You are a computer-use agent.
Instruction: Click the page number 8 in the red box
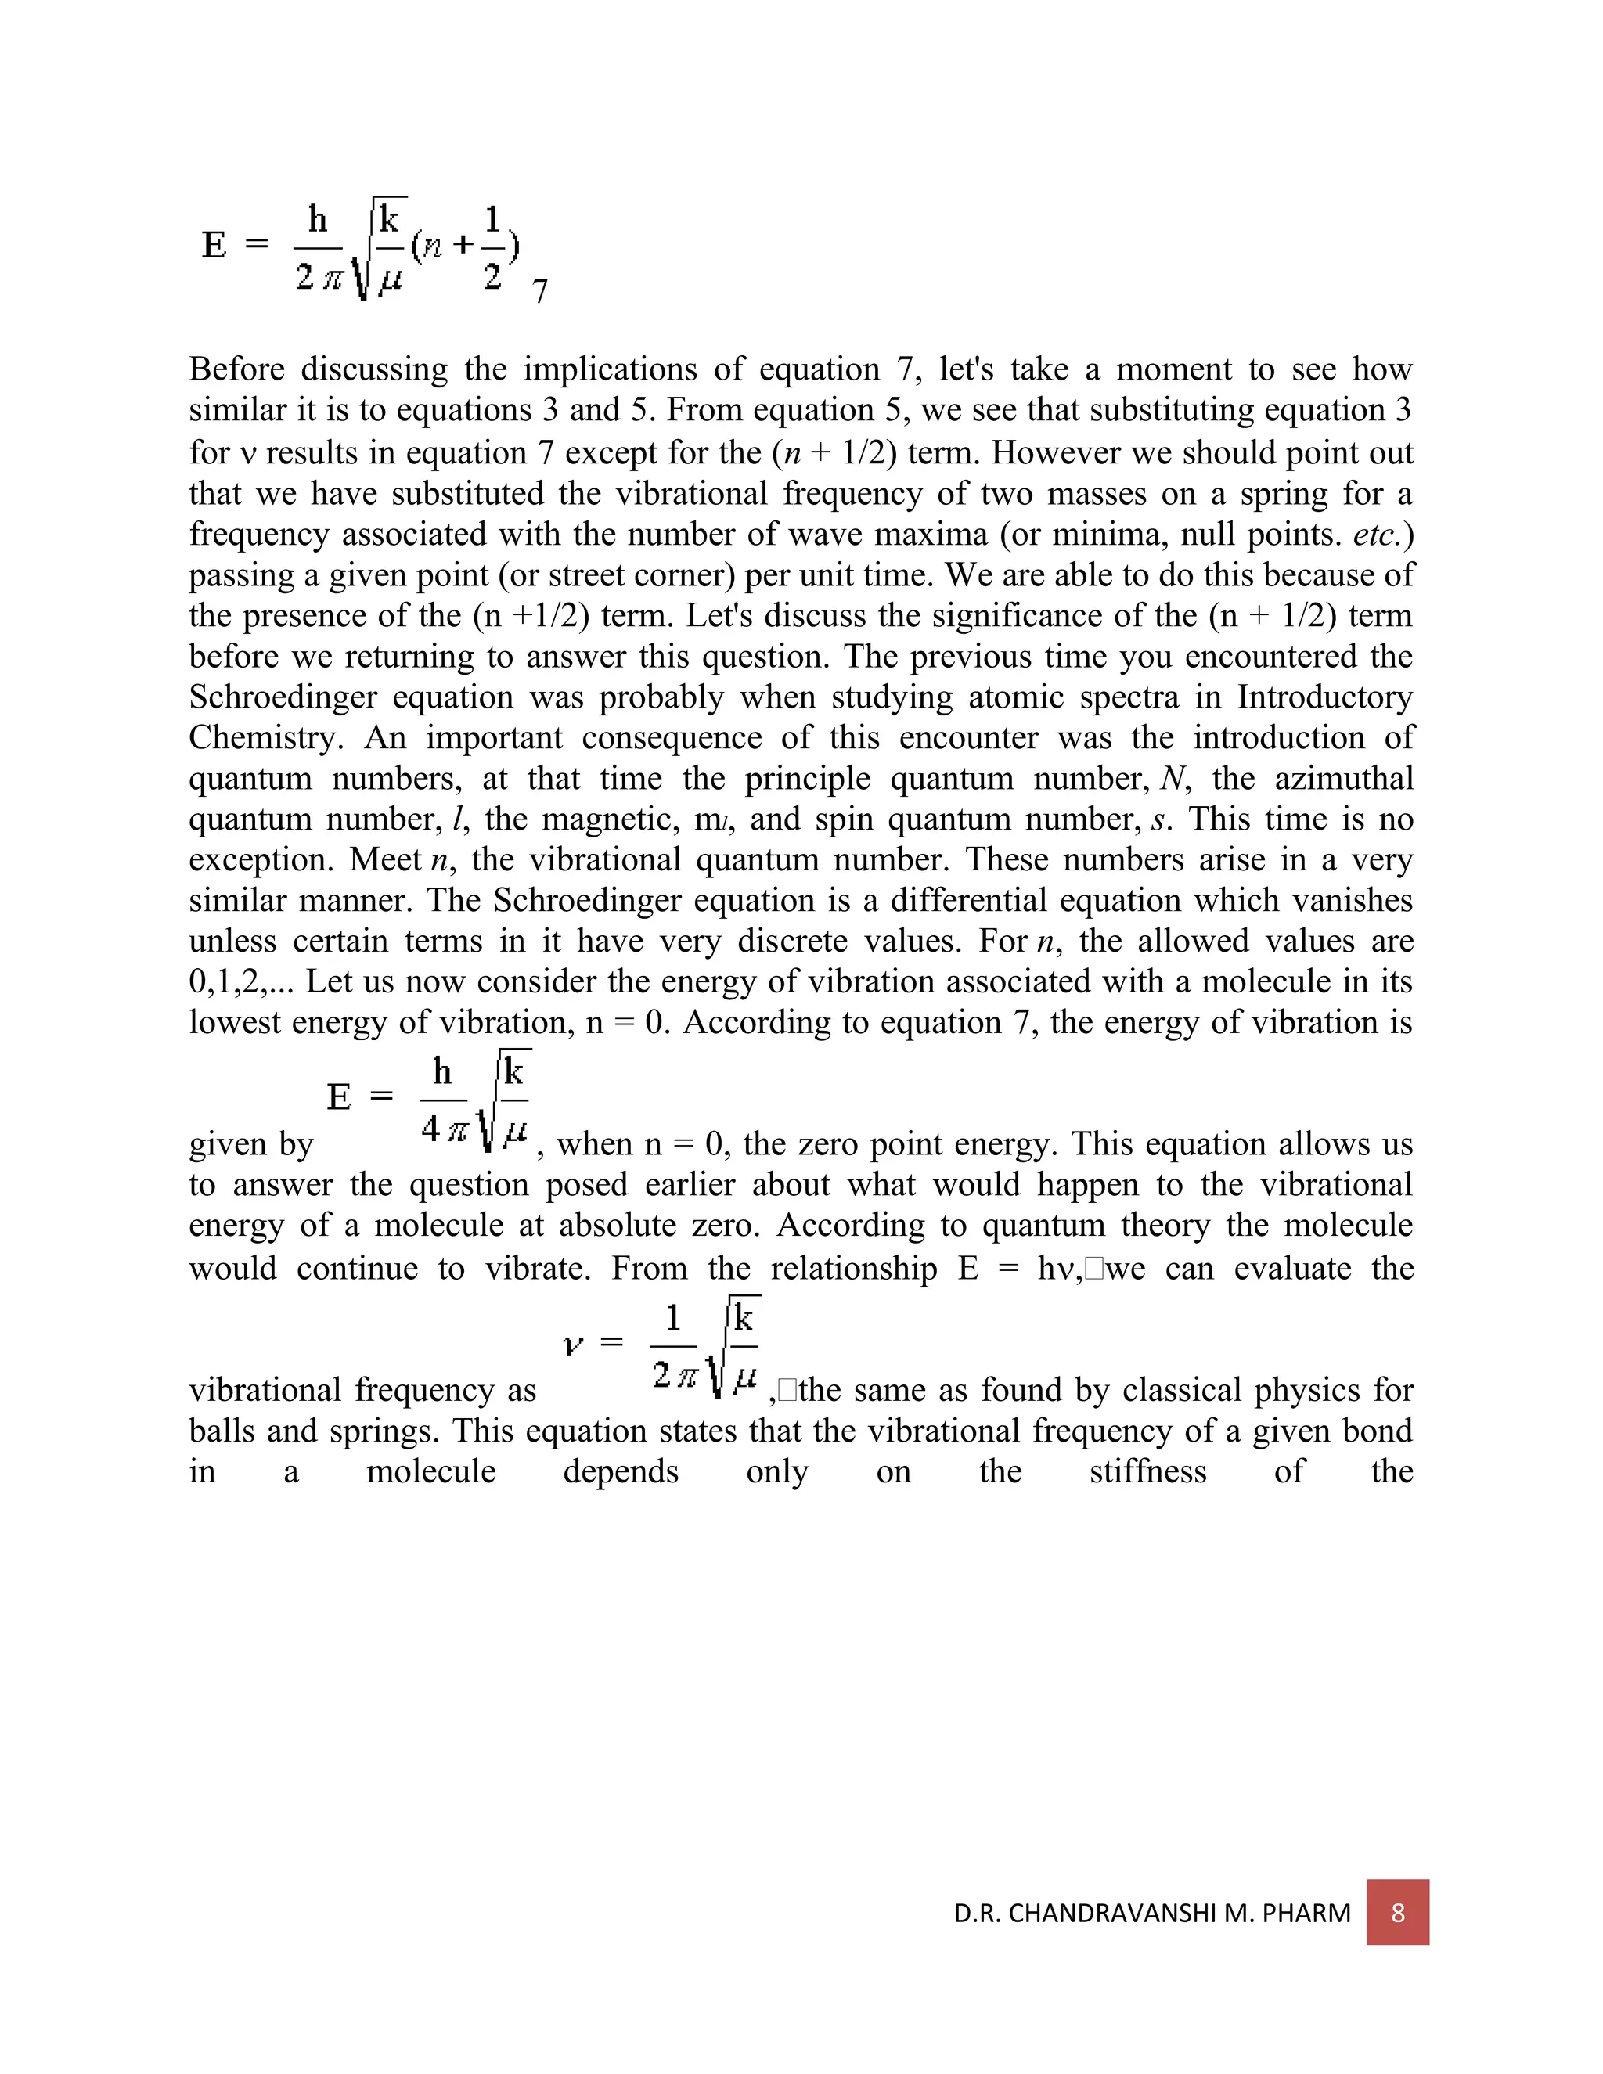[1397, 1912]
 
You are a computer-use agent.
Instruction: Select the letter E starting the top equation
[214, 245]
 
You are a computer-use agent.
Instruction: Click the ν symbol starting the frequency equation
[573, 1345]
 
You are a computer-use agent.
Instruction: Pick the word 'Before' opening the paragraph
[236, 369]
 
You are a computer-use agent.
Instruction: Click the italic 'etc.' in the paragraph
[1376, 535]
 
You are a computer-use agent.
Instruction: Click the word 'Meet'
[384, 860]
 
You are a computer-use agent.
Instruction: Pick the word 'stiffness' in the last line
[1147, 1472]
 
